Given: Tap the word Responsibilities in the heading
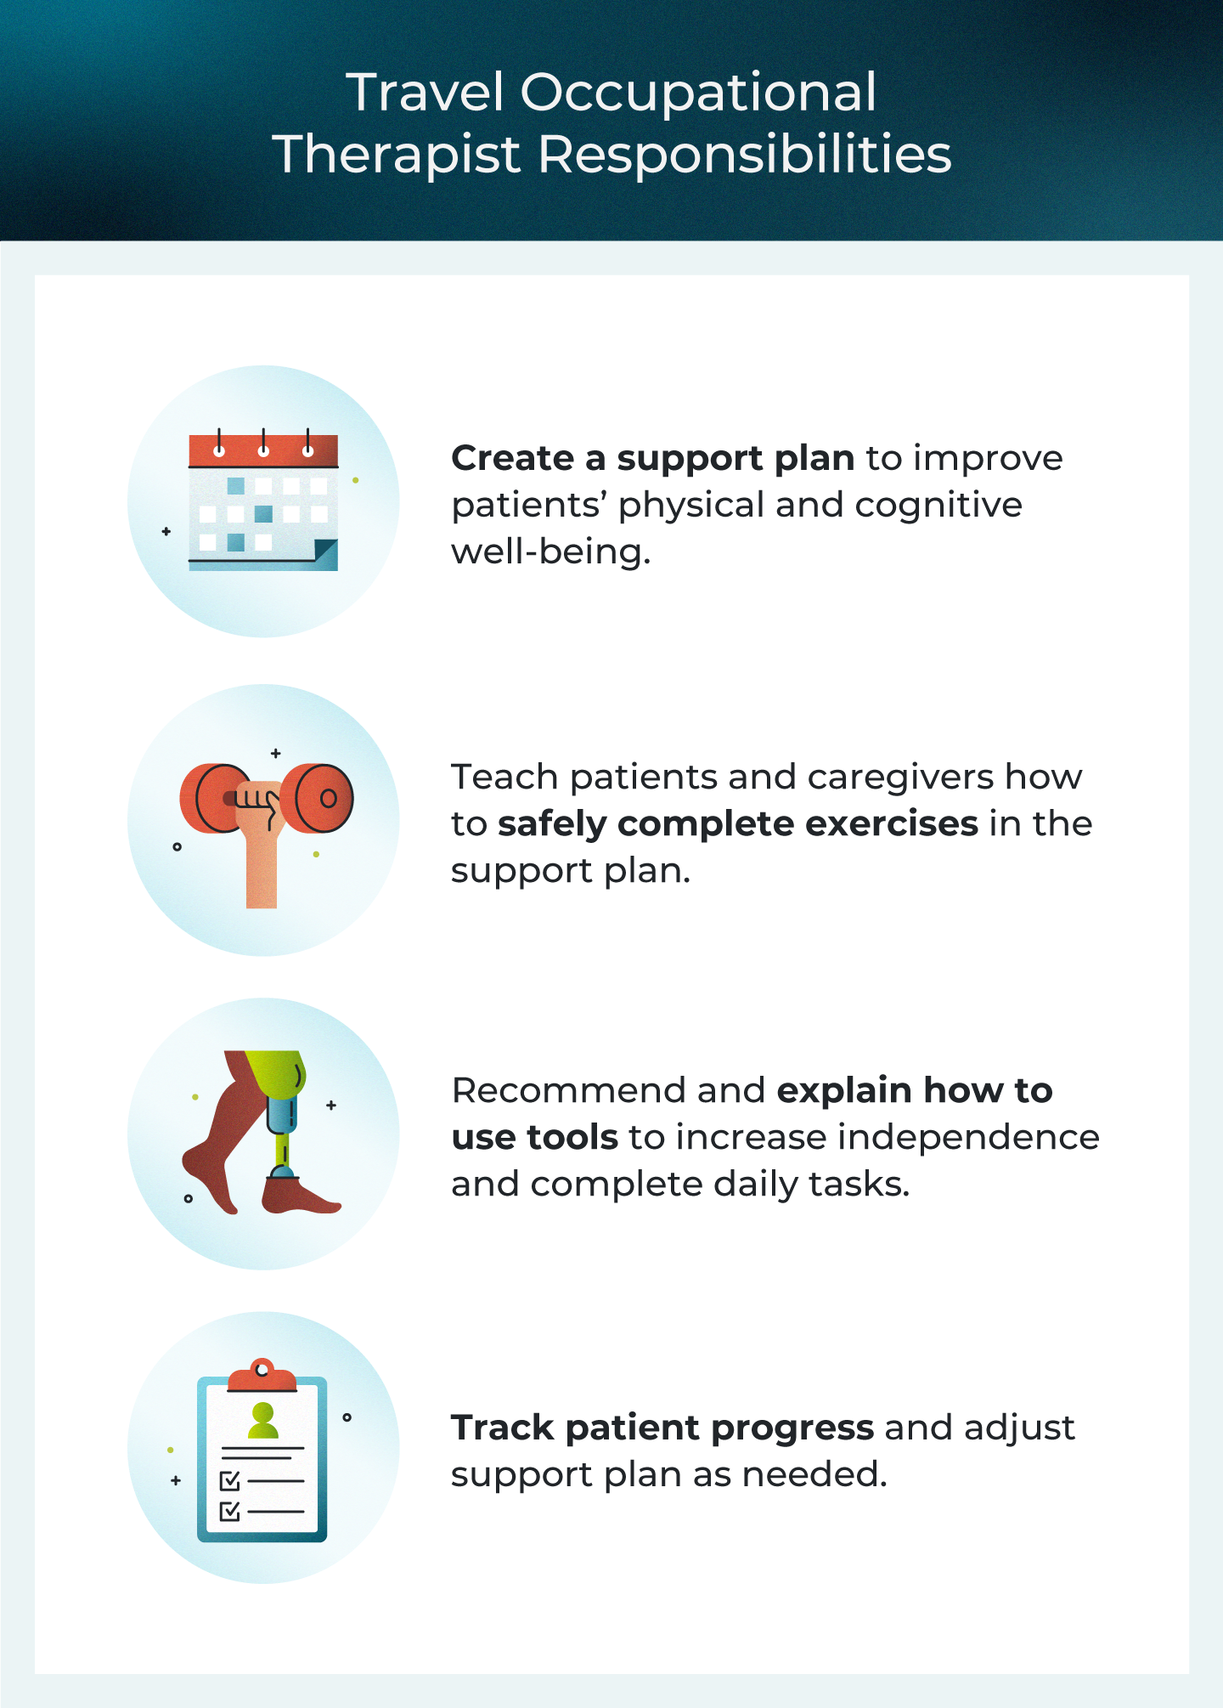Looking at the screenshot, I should click(745, 155).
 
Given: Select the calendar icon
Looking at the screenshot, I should click(263, 501).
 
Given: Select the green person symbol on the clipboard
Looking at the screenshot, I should click(263, 1421).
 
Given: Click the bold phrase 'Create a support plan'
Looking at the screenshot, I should click(652, 459).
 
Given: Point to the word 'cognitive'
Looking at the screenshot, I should click(938, 505).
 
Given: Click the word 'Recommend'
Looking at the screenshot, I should click(567, 1091).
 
